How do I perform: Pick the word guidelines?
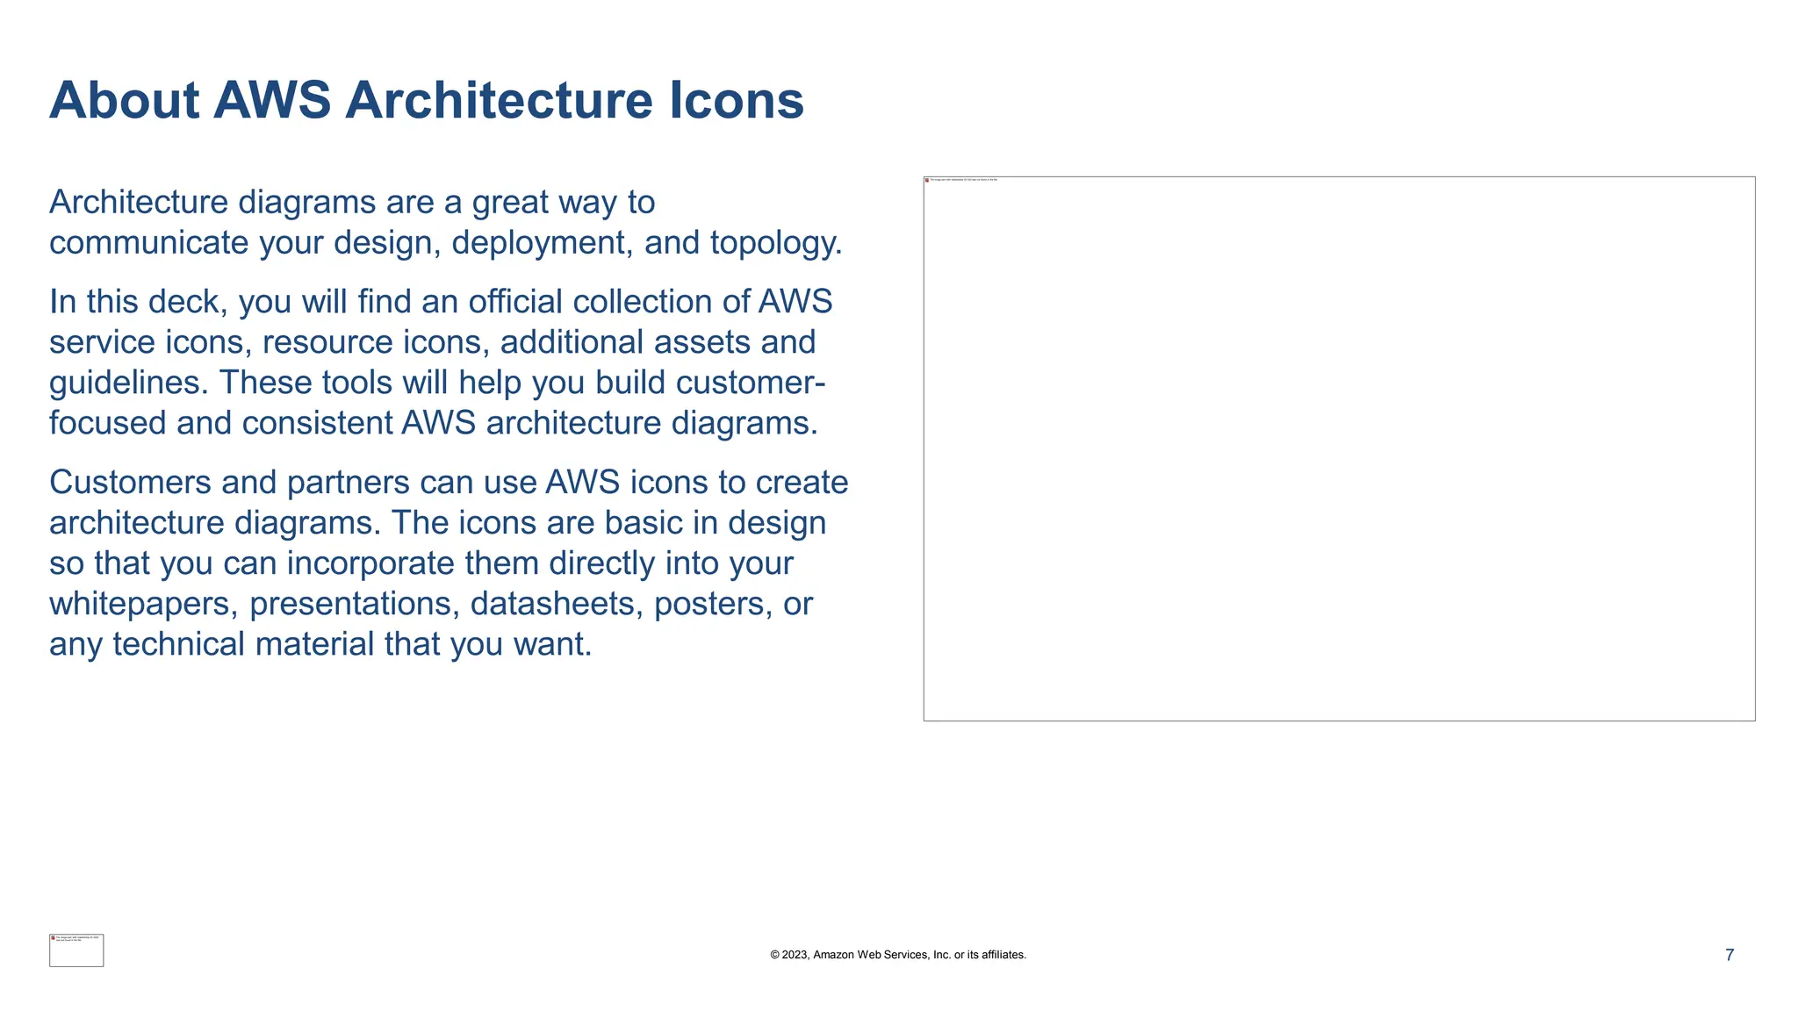(128, 384)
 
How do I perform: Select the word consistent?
(317, 424)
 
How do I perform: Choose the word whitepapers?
(144, 604)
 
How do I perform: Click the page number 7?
(1729, 955)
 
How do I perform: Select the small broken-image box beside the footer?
(76, 950)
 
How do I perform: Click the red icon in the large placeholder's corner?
(927, 180)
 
